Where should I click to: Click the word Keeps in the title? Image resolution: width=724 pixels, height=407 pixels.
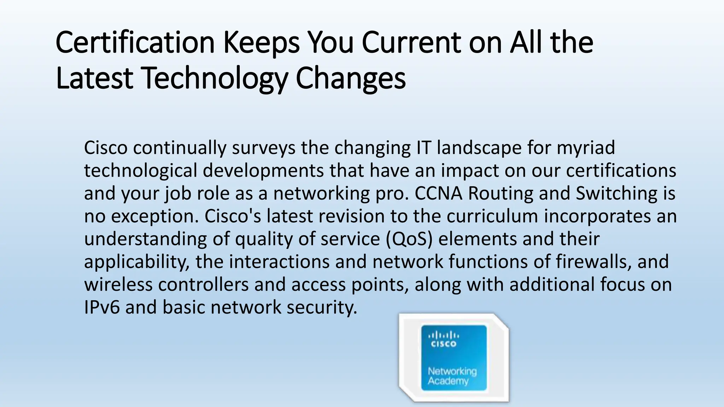pyautogui.click(x=261, y=43)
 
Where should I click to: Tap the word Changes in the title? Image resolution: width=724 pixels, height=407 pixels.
pyautogui.click(x=350, y=78)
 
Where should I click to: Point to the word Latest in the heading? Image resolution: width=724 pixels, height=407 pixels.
pyautogui.click(x=94, y=78)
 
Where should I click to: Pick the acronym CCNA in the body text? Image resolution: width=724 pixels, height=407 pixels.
pyautogui.click(x=438, y=193)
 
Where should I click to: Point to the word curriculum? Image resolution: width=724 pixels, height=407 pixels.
pyautogui.click(x=492, y=216)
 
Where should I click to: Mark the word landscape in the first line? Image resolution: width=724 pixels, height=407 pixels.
pyautogui.click(x=479, y=148)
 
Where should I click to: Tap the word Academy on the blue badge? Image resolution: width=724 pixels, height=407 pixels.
pyautogui.click(x=448, y=381)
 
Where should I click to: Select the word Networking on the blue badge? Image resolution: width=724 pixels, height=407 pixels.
pyautogui.click(x=452, y=371)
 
